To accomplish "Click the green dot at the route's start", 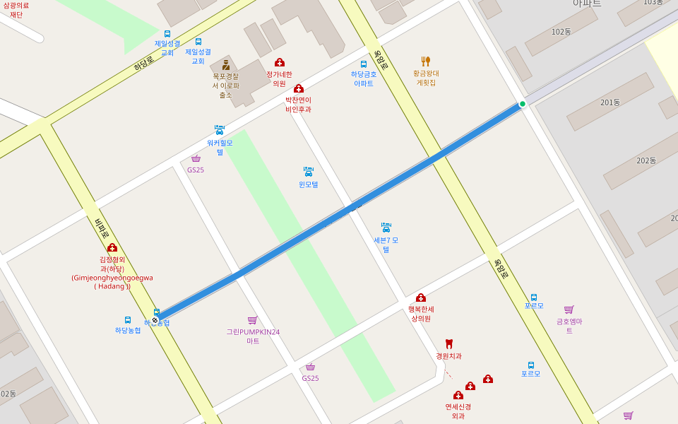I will pos(523,104).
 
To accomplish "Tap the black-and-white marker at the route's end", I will pos(155,320).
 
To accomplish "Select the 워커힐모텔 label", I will pos(220,147).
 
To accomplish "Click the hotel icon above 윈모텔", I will pos(308,171).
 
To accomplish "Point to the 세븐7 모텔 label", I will pos(386,245).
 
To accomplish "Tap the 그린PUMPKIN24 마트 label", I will pos(253,336).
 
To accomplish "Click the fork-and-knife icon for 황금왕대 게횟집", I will pos(425,61).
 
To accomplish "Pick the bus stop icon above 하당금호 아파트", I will pos(364,64).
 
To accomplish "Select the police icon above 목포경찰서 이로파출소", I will pos(226,65).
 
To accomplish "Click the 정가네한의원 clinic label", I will pos(279,78).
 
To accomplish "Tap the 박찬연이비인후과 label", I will pos(298,105).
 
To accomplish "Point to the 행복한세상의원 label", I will pos(421,314).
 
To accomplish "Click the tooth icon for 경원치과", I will pos(448,344).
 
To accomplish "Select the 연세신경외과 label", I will pos(458,411).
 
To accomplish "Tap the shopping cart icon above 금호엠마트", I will pos(569,310).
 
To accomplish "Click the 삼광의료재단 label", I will pos(16,9).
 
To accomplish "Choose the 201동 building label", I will pos(610,102).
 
